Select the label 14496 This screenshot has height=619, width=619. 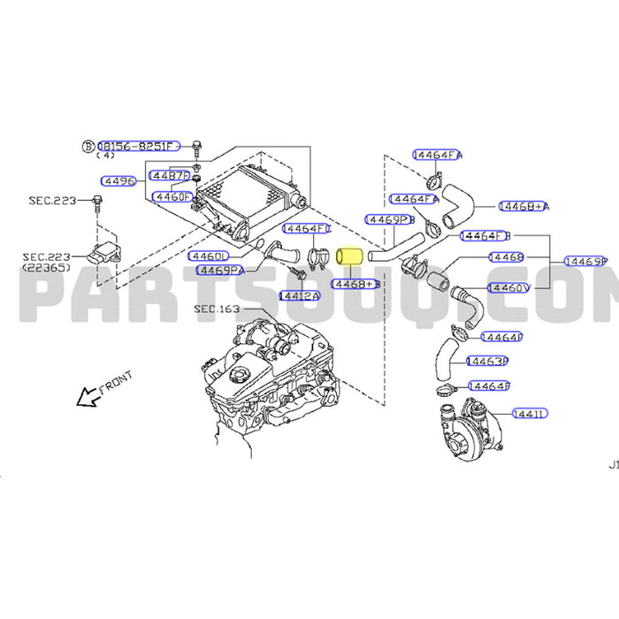(x=118, y=181)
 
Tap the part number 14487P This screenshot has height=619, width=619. (x=170, y=175)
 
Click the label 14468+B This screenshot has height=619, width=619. (x=355, y=285)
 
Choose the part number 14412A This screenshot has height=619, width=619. (x=299, y=295)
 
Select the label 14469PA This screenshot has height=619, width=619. (x=219, y=270)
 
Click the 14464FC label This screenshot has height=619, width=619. (x=306, y=229)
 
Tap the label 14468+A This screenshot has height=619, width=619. (x=523, y=206)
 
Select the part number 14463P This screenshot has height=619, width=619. (x=487, y=362)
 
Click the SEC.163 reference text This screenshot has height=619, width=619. (x=216, y=309)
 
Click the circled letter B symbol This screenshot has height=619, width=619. (x=88, y=146)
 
